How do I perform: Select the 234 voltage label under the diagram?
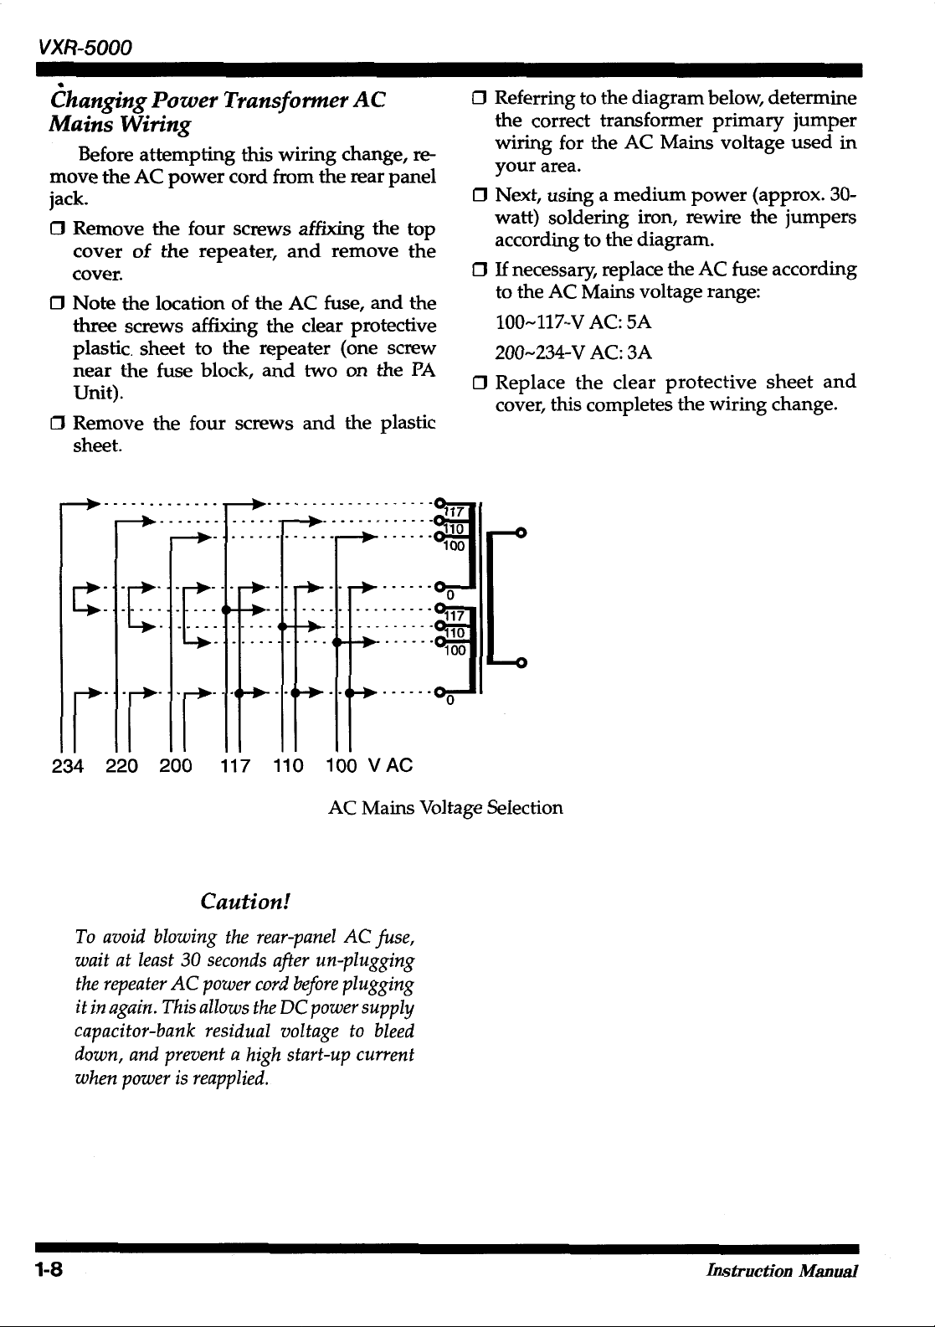coord(68,765)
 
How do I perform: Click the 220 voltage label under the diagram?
coord(122,765)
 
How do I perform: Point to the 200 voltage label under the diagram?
coord(176,765)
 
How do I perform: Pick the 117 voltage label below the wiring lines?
coord(234,765)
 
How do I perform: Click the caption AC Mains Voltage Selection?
coord(445,808)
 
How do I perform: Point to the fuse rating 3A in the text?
coord(640,352)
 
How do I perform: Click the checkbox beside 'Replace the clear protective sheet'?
coord(480,383)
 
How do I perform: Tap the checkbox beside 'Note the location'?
coord(58,303)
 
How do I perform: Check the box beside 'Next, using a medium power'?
coord(480,197)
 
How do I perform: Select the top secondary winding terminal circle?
coord(521,532)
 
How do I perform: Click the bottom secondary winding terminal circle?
coord(521,664)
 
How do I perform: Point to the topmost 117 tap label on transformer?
coord(455,512)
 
